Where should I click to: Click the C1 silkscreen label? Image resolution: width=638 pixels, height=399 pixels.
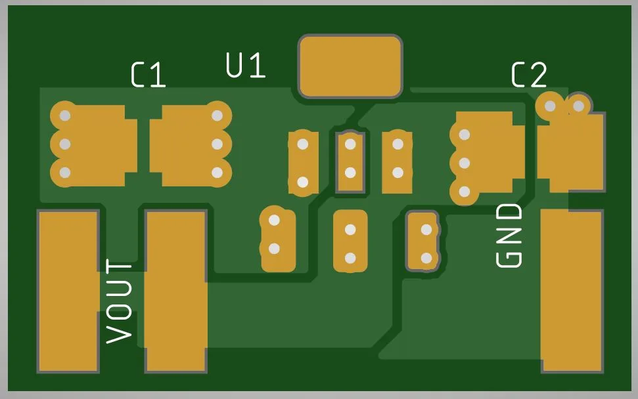pos(148,75)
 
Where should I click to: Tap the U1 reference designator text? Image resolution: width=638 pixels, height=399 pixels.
pos(246,65)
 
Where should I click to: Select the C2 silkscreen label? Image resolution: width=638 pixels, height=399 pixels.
pos(529,75)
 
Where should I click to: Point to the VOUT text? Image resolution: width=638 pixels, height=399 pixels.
pos(119,301)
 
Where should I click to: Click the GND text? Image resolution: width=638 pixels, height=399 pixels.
pos(509,236)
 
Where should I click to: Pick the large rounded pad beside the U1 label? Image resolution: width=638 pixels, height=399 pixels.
pos(350,67)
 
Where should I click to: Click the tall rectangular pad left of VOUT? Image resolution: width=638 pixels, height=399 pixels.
pos(68,291)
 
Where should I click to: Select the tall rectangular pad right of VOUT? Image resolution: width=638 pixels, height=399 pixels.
pos(176,291)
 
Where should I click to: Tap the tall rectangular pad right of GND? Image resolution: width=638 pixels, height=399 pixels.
pos(572,291)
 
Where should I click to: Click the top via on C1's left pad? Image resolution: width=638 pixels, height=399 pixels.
pos(65,115)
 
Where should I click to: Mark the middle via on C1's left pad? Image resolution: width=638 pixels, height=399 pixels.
pos(65,144)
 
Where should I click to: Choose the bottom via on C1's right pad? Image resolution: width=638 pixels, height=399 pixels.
pos(217,173)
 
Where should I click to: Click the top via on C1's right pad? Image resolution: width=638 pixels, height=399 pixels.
pos(217,115)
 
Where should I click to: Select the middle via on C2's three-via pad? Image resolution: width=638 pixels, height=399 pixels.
pos(465,163)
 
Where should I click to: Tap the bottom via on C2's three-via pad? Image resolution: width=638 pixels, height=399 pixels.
pos(465,192)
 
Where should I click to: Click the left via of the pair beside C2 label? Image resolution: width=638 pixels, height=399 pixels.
pos(550,106)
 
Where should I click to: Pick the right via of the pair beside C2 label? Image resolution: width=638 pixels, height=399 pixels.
pos(579,106)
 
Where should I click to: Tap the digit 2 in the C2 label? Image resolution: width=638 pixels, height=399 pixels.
pos(539,75)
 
